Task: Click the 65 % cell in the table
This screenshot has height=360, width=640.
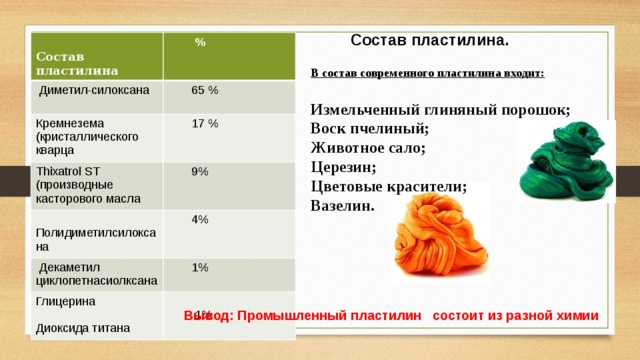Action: tap(205, 91)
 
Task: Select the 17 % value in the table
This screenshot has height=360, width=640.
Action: tap(205, 124)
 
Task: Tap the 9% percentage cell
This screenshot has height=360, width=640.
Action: tap(200, 171)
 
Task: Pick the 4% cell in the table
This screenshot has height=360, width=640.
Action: tap(200, 219)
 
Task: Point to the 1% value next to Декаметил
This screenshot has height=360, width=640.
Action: tap(200, 267)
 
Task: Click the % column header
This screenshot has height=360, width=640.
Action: tap(201, 42)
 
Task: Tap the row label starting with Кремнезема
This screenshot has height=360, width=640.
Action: tap(74, 137)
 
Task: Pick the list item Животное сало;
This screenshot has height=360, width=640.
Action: tap(368, 148)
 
